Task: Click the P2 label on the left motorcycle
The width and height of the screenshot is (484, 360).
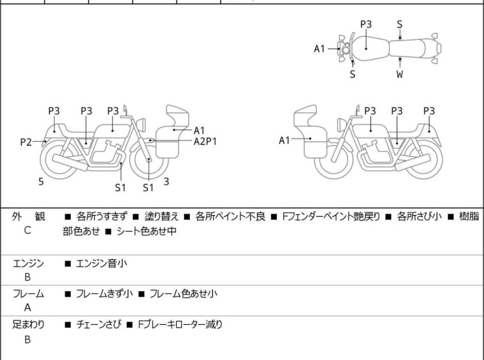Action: (x=26, y=142)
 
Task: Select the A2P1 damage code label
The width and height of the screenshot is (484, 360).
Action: (x=205, y=141)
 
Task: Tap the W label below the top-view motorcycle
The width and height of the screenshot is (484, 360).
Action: (x=400, y=74)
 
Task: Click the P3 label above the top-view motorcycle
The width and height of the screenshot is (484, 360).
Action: (x=366, y=24)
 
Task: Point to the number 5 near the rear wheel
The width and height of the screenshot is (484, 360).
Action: (x=41, y=182)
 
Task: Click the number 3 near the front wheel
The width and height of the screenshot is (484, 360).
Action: (x=166, y=182)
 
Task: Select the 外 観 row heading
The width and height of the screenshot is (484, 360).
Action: (x=29, y=217)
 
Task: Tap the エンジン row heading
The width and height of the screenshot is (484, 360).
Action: (x=29, y=263)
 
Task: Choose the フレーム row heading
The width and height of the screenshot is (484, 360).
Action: (x=29, y=294)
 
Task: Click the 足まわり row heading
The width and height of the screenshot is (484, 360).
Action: (x=29, y=325)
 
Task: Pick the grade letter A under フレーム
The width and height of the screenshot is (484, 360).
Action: (x=28, y=307)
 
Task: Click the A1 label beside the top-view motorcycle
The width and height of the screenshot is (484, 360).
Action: (x=320, y=49)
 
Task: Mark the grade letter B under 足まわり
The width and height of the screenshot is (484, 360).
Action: (x=28, y=339)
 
